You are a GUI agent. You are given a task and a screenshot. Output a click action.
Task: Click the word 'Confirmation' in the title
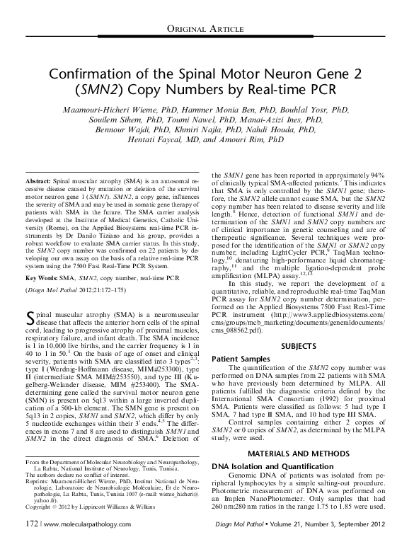coord(93,75)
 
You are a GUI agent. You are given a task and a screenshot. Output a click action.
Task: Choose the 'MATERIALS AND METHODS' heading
coord(299,451)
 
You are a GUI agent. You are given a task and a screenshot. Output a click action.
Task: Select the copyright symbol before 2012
coord(26,527)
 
